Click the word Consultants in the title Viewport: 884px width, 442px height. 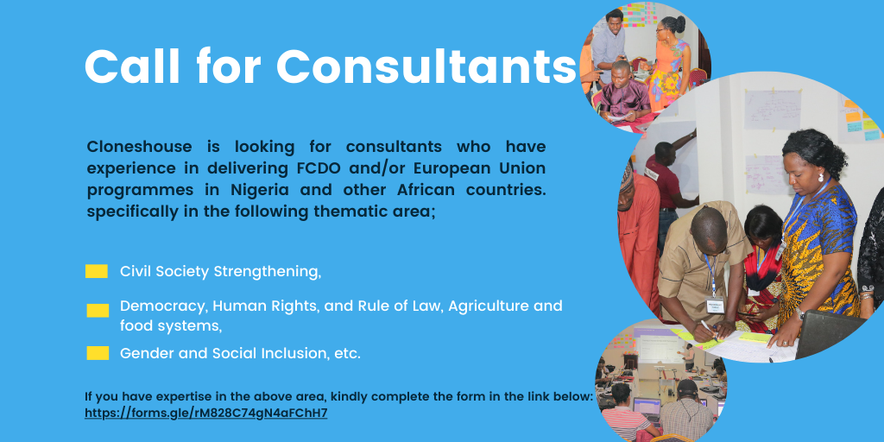(x=426, y=66)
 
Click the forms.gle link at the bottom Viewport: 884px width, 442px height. (x=205, y=414)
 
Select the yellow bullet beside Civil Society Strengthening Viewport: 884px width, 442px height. (x=97, y=271)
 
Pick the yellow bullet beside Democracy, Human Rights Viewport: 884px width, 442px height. (x=98, y=311)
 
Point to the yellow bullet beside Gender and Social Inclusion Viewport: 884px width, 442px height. (x=98, y=353)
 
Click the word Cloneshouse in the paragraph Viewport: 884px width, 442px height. (x=139, y=147)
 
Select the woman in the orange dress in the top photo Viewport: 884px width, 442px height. (x=670, y=62)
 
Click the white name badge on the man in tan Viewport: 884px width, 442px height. (x=716, y=306)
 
